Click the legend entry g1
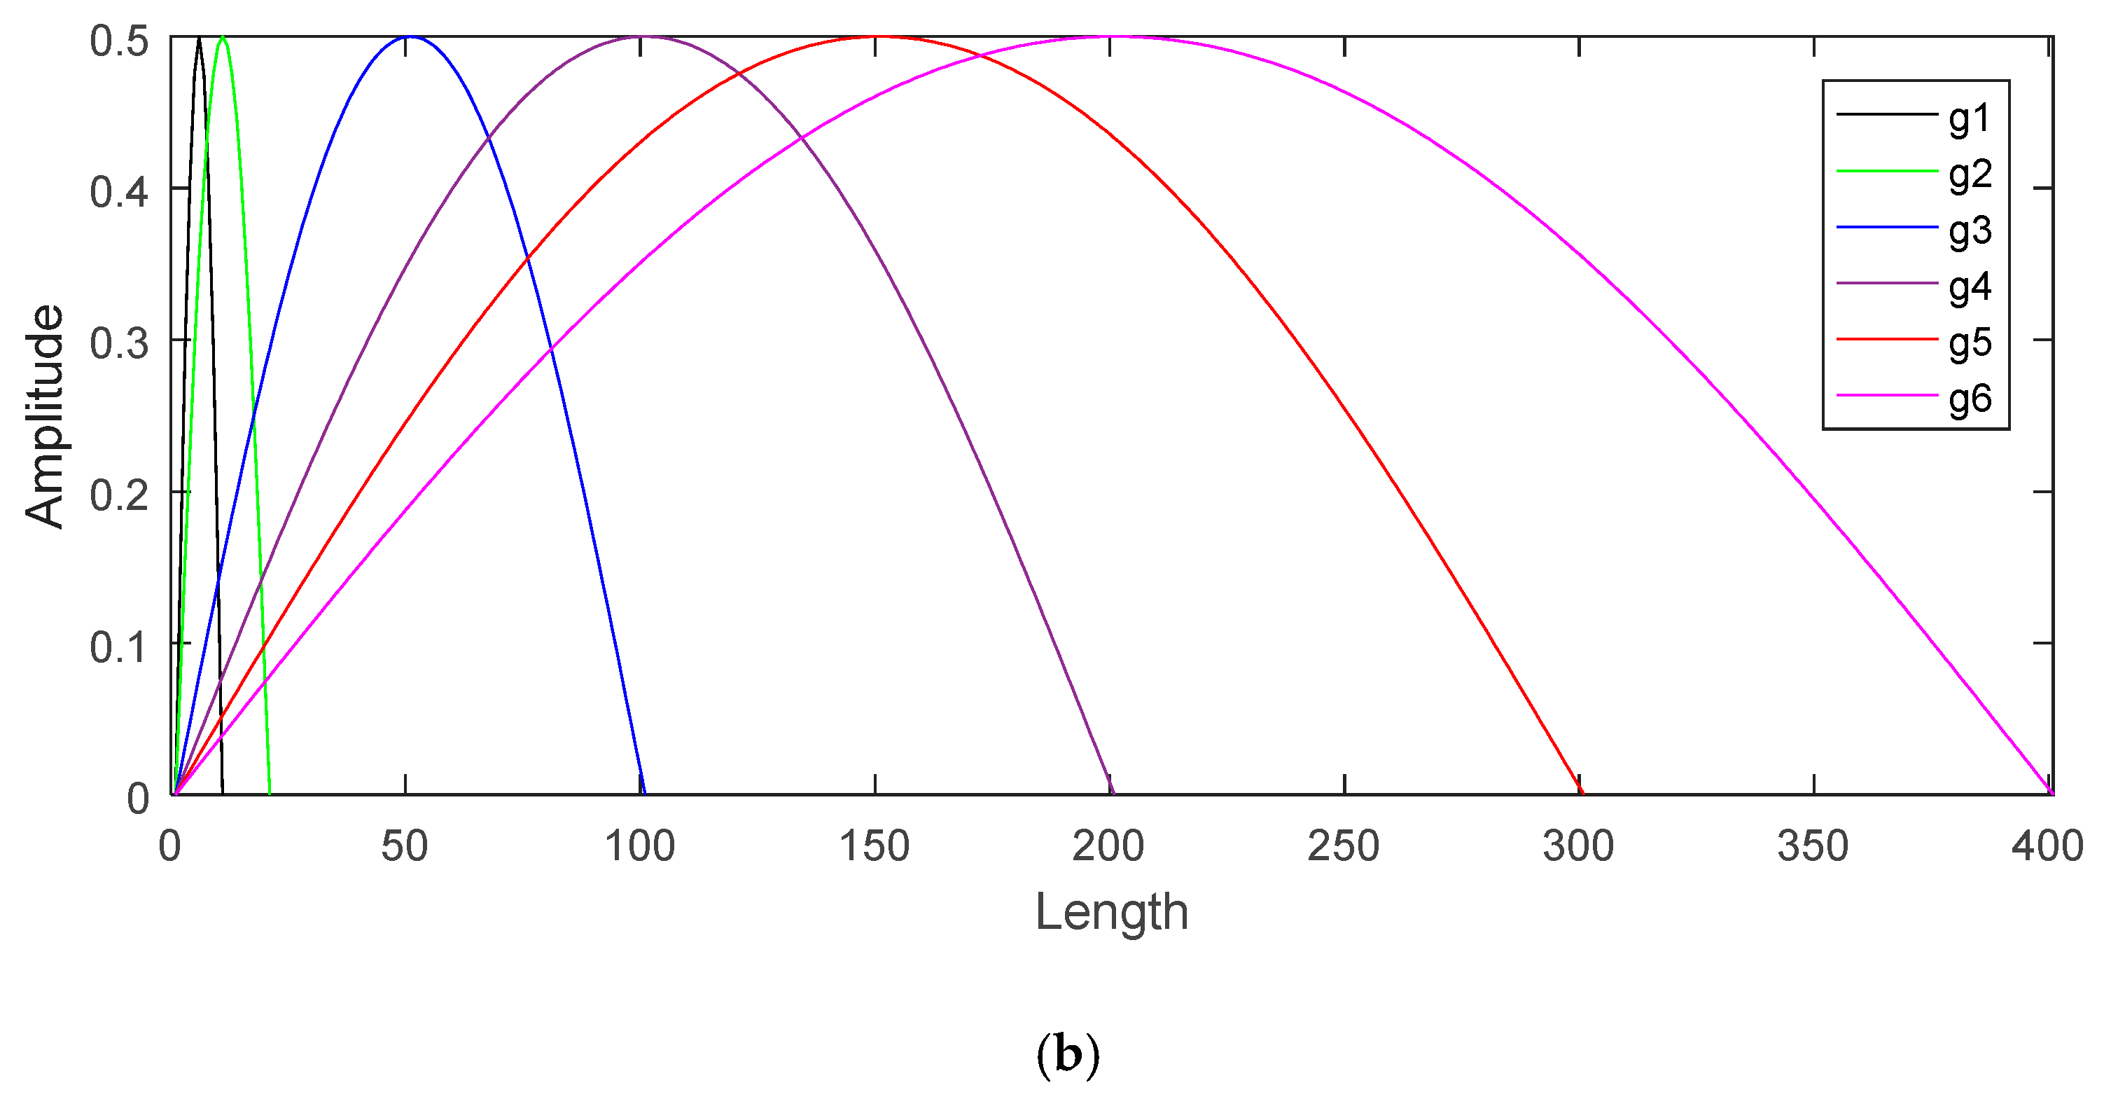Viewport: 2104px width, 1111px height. click(1970, 119)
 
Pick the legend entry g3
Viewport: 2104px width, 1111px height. click(1970, 231)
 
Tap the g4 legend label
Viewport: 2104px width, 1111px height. click(1970, 287)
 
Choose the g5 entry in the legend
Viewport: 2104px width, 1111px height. click(1970, 343)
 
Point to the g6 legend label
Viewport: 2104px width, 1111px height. click(1970, 399)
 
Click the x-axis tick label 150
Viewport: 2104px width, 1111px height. click(875, 846)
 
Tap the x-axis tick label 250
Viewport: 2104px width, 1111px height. click(1344, 846)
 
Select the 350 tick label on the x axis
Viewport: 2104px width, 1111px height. click(1813, 846)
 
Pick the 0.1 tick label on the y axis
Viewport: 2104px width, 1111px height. click(119, 646)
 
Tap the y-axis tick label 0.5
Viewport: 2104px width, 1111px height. click(119, 40)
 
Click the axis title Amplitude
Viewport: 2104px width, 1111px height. click(44, 416)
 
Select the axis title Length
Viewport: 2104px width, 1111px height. click(1110, 913)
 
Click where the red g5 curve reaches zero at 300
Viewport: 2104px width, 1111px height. click(1580, 793)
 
